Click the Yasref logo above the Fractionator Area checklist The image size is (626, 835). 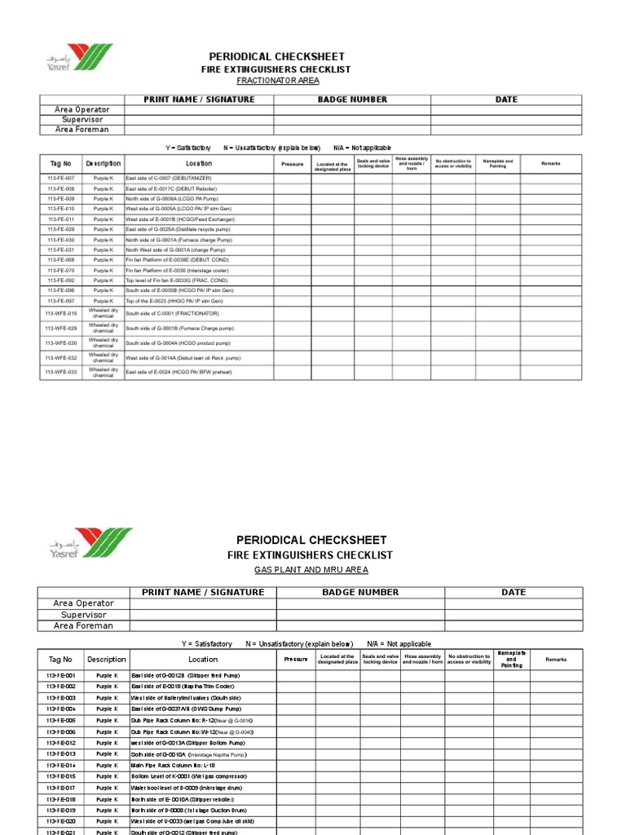[x=79, y=59]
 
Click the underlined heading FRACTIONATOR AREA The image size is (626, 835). [x=278, y=81]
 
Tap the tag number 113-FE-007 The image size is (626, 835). [x=61, y=178]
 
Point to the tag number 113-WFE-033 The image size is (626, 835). [x=61, y=372]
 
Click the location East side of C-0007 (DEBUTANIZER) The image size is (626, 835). [x=168, y=178]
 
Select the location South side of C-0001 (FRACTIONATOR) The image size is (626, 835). [x=172, y=313]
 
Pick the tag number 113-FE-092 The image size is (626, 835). [x=61, y=281]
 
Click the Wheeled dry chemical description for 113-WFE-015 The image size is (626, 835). [x=104, y=313]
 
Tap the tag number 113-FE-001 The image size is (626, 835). [x=61, y=676]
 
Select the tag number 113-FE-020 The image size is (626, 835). [x=61, y=822]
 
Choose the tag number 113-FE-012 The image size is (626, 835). [x=61, y=744]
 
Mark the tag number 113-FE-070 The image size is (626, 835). [x=61, y=270]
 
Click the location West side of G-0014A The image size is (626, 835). [x=183, y=358]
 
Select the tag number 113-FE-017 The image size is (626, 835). [x=61, y=789]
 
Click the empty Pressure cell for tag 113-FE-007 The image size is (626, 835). [x=292, y=178]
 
